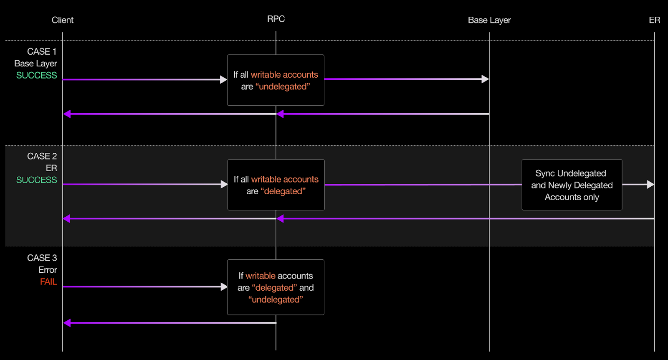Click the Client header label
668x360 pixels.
tap(62, 20)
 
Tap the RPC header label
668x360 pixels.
tap(276, 19)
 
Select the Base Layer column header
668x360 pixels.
tap(489, 20)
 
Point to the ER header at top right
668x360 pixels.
tap(654, 20)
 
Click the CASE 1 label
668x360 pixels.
tap(42, 52)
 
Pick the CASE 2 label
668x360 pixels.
tap(42, 156)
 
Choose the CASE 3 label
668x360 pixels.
tap(42, 258)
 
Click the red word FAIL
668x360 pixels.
tap(48, 282)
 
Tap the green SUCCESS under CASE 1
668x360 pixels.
tap(36, 76)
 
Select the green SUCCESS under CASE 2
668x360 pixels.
tap(36, 180)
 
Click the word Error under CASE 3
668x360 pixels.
tap(48, 270)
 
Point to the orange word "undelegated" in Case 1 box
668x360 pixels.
tap(283, 86)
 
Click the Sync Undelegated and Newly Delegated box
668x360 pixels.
tap(572, 185)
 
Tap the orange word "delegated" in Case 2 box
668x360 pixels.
tap(283, 191)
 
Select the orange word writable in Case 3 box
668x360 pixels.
tap(261, 276)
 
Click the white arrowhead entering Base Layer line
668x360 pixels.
tap(485, 79)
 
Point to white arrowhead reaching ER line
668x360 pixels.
tap(650, 185)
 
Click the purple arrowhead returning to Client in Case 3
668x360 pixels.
tap(67, 323)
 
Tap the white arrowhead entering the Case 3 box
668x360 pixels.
tap(224, 287)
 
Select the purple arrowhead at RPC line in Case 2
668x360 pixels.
tap(280, 218)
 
